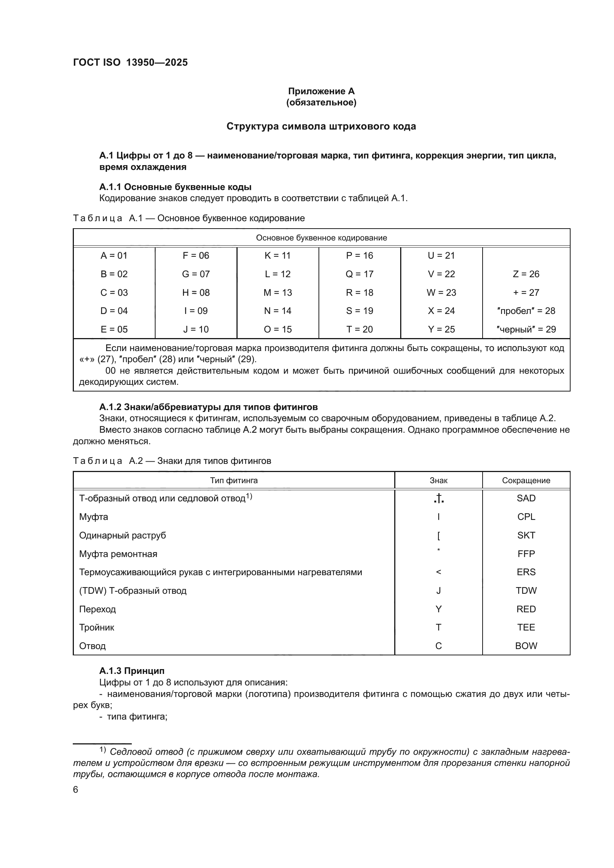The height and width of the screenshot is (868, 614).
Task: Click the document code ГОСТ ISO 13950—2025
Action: coord(130,62)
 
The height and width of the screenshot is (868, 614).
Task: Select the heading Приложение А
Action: coord(321,91)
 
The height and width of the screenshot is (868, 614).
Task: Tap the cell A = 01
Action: coord(114,256)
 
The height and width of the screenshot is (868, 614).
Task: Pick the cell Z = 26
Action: coord(526,274)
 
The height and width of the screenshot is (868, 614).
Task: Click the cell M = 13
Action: coord(278,292)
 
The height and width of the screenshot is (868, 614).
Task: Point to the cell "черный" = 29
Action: coord(526,329)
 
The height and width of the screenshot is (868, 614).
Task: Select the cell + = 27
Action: coord(526,292)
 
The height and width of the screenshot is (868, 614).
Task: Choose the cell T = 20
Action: coord(359,329)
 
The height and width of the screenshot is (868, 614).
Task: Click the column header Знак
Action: coord(438,481)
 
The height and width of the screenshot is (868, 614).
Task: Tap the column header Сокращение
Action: coord(526,481)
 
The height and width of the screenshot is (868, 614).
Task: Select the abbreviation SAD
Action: coord(526,498)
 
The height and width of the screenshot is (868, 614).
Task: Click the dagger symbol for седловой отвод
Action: coord(438,499)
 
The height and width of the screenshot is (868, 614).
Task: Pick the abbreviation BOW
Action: coord(526,646)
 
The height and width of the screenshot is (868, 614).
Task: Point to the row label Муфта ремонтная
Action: coord(118,554)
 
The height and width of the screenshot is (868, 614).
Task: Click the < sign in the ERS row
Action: coord(438,572)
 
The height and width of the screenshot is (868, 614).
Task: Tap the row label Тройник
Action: coord(97,628)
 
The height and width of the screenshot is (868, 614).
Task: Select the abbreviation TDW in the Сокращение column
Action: coord(526,590)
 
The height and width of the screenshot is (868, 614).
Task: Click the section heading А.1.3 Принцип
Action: coord(131,671)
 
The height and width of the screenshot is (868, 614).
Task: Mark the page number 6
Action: coord(76,790)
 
